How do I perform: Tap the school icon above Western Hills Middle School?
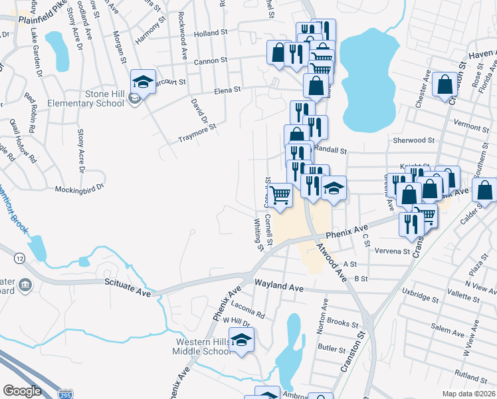[243, 339]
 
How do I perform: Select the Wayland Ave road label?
[280, 287]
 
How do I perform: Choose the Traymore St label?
[197, 133]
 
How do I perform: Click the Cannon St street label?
[211, 61]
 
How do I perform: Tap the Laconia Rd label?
[248, 311]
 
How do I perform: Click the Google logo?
[22, 391]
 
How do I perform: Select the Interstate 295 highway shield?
[66, 394]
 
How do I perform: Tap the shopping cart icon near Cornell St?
[281, 195]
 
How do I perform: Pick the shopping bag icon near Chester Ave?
[444, 84]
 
